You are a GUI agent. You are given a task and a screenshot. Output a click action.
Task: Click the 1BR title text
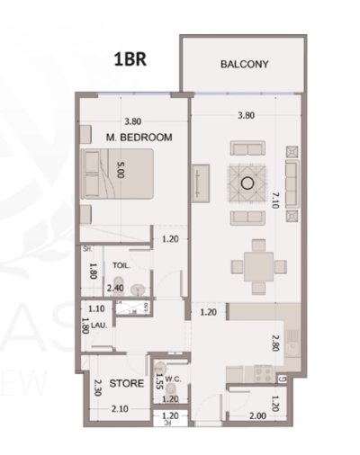tap(130, 61)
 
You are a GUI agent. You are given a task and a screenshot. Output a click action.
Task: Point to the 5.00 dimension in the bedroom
tap(121, 169)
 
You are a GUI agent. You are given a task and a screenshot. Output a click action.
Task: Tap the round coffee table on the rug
tap(247, 183)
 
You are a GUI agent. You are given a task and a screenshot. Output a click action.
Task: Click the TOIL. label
tap(121, 266)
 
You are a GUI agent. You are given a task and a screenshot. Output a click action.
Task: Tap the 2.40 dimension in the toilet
tap(115, 289)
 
